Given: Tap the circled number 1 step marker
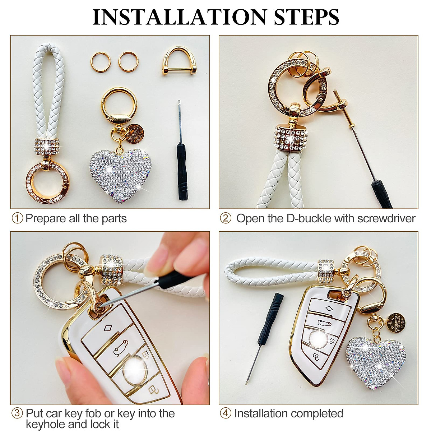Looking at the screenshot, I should tap(17, 218).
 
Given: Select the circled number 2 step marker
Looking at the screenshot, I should tap(226, 218).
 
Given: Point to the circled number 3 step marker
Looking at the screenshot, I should tap(17, 413).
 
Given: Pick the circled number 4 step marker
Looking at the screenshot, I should tap(226, 413).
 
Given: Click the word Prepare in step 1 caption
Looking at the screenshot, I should tap(46, 218).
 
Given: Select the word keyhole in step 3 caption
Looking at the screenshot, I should tap(45, 424).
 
